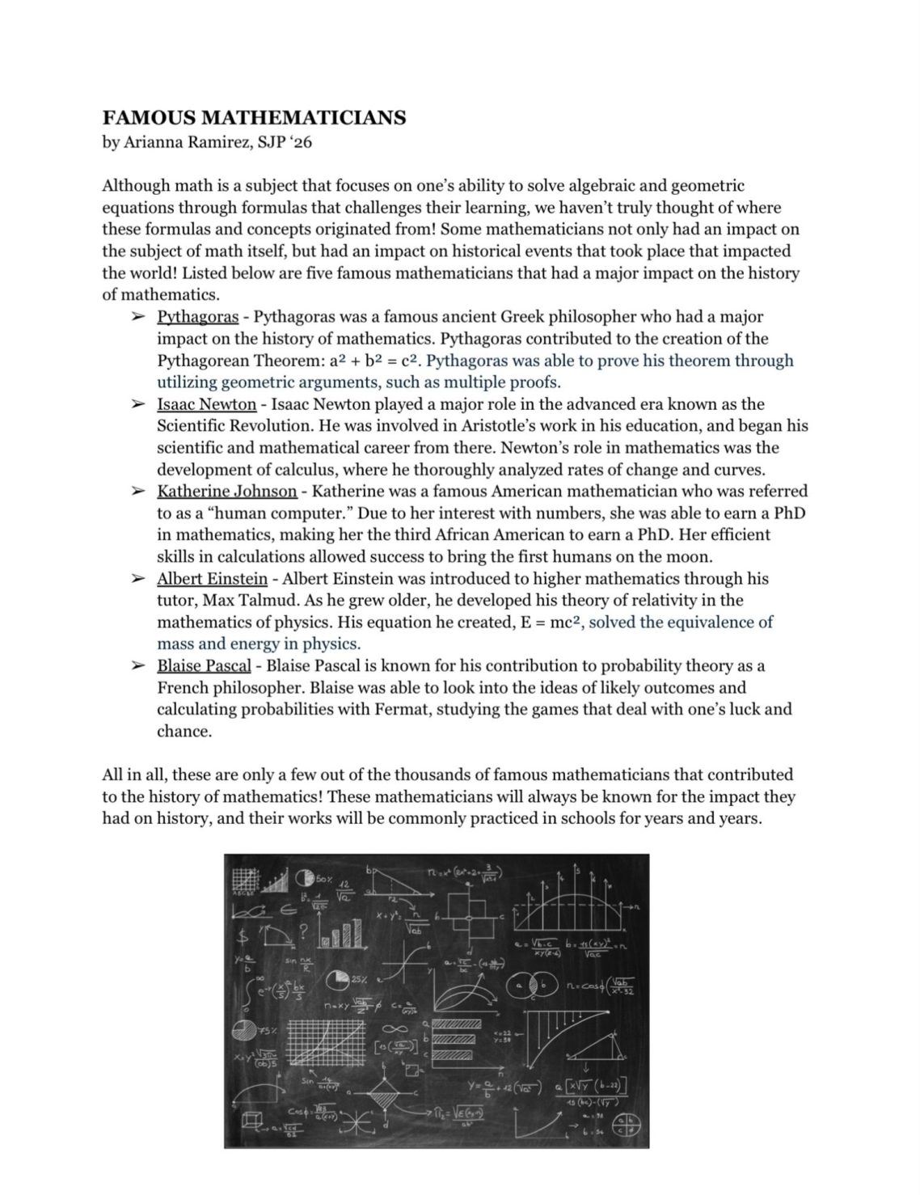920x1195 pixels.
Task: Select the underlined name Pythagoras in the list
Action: click(x=197, y=317)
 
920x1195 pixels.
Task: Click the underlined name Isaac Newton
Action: click(x=206, y=404)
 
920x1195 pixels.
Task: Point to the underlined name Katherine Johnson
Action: click(x=226, y=492)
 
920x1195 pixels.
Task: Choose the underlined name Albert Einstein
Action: click(x=212, y=579)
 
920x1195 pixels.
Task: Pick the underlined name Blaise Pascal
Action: click(x=204, y=666)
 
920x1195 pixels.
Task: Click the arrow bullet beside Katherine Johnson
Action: click(x=138, y=492)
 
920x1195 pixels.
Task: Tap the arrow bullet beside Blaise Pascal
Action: click(x=138, y=666)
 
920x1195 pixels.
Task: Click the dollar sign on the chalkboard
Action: click(x=241, y=939)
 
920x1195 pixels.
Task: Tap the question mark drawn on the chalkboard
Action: click(x=302, y=932)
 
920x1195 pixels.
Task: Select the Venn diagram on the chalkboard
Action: click(x=532, y=986)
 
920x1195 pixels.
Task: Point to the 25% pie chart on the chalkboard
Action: click(x=339, y=980)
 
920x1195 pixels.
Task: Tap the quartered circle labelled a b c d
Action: click(x=627, y=1125)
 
